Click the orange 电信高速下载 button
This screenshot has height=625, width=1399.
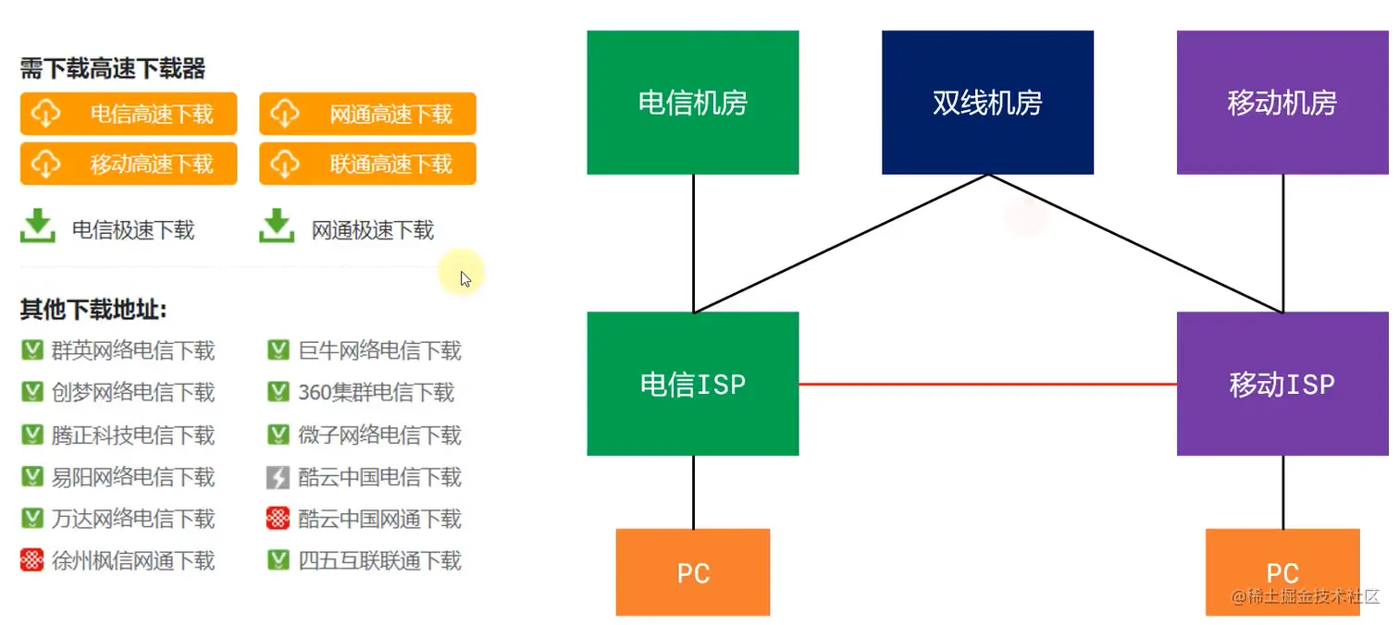click(129, 114)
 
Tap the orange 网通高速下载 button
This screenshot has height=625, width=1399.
click(367, 114)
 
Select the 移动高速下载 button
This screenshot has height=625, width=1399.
click(129, 164)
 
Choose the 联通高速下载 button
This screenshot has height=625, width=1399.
click(367, 164)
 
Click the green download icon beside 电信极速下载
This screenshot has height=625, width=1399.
click(38, 227)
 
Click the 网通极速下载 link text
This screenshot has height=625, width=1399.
click(372, 230)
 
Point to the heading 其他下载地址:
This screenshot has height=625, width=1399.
click(93, 310)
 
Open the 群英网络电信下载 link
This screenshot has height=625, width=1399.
click(132, 351)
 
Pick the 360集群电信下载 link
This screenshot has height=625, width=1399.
click(376, 393)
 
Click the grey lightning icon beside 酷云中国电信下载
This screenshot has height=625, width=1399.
click(278, 477)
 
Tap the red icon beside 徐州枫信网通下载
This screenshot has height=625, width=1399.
click(31, 560)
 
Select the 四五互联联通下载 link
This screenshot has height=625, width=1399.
click(379, 560)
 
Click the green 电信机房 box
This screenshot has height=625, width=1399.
click(692, 103)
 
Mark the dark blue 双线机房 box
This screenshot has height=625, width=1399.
click(987, 103)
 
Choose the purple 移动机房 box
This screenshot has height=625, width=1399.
click(1282, 103)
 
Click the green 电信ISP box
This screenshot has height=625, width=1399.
click(692, 384)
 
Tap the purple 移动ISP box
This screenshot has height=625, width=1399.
click(1282, 384)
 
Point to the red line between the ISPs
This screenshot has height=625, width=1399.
click(987, 384)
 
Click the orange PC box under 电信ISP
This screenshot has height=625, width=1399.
click(692, 572)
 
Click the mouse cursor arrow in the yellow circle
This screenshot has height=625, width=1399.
click(464, 277)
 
